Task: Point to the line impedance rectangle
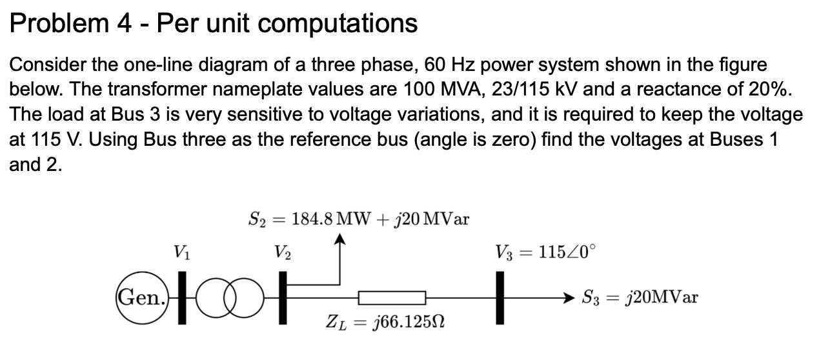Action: pyautogui.click(x=392, y=298)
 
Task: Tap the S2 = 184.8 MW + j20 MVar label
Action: pyautogui.click(x=359, y=219)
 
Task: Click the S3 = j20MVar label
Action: pyautogui.click(x=639, y=298)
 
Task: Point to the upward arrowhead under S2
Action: pyautogui.click(x=339, y=241)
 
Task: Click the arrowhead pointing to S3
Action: pyautogui.click(x=567, y=298)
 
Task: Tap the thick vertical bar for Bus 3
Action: pyautogui.click(x=499, y=297)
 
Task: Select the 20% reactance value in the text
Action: pyautogui.click(x=769, y=89)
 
